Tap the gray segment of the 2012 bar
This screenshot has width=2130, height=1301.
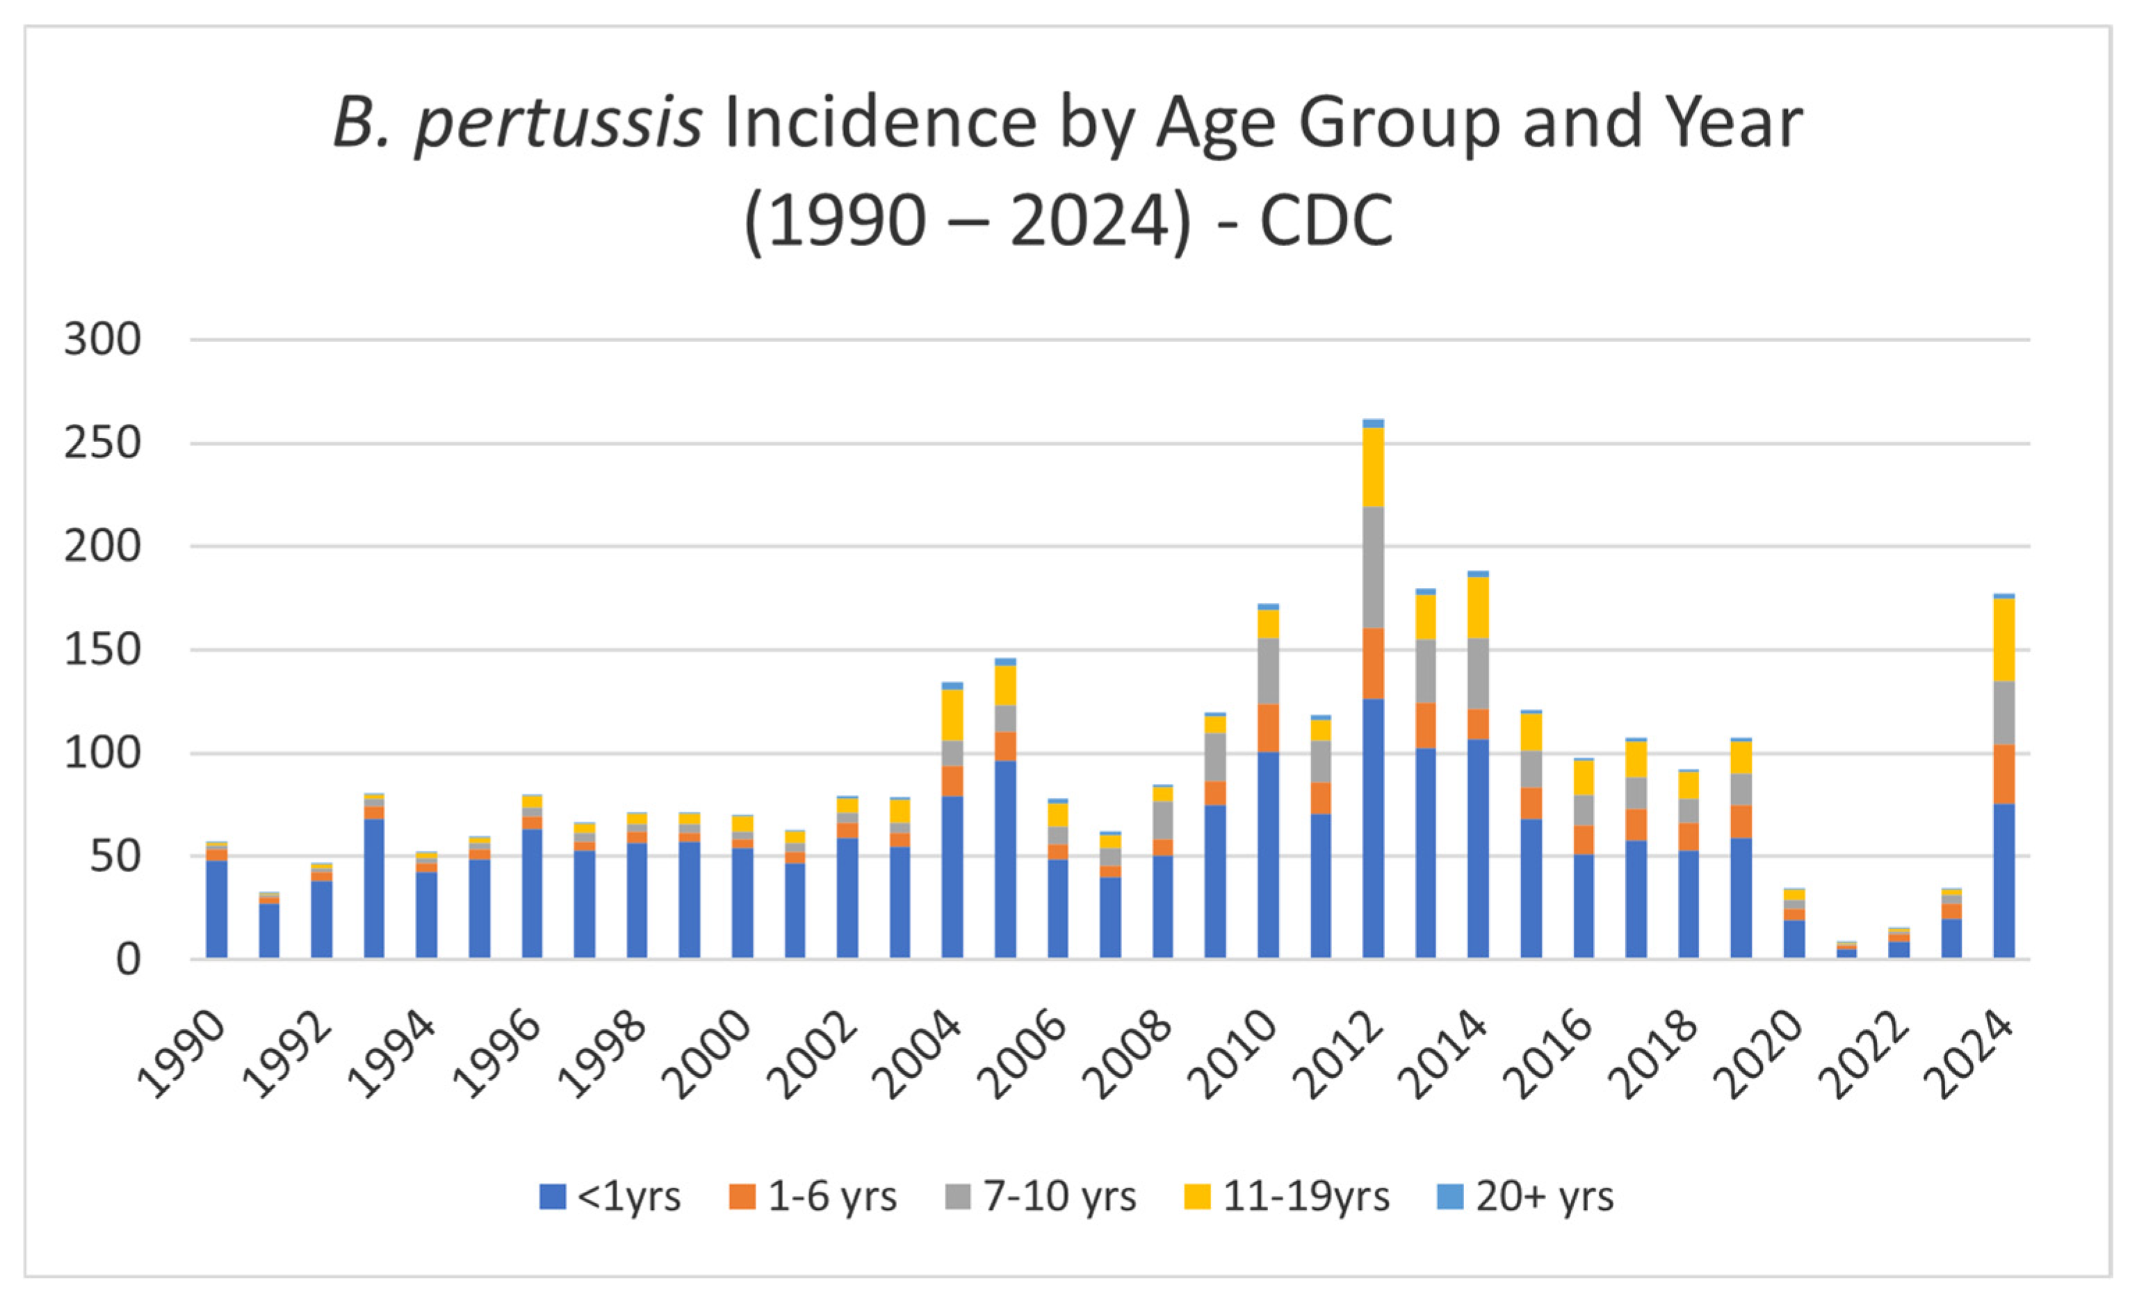[x=1373, y=567]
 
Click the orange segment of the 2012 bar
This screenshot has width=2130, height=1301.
[x=1373, y=664]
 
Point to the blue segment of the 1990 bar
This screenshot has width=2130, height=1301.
[x=217, y=908]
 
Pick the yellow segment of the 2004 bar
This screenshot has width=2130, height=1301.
[x=952, y=715]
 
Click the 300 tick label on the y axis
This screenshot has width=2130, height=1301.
[x=102, y=340]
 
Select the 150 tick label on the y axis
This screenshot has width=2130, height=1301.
[x=102, y=650]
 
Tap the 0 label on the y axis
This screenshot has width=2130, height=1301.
[x=127, y=960]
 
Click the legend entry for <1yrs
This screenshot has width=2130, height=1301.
[x=610, y=1197]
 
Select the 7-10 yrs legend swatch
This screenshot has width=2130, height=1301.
[x=958, y=1197]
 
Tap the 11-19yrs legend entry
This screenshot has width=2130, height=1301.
[x=1286, y=1197]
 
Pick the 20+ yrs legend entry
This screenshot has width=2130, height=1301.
[x=1526, y=1197]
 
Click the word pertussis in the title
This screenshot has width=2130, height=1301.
[x=558, y=124]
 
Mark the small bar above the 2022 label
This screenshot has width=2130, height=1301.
[x=1899, y=944]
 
